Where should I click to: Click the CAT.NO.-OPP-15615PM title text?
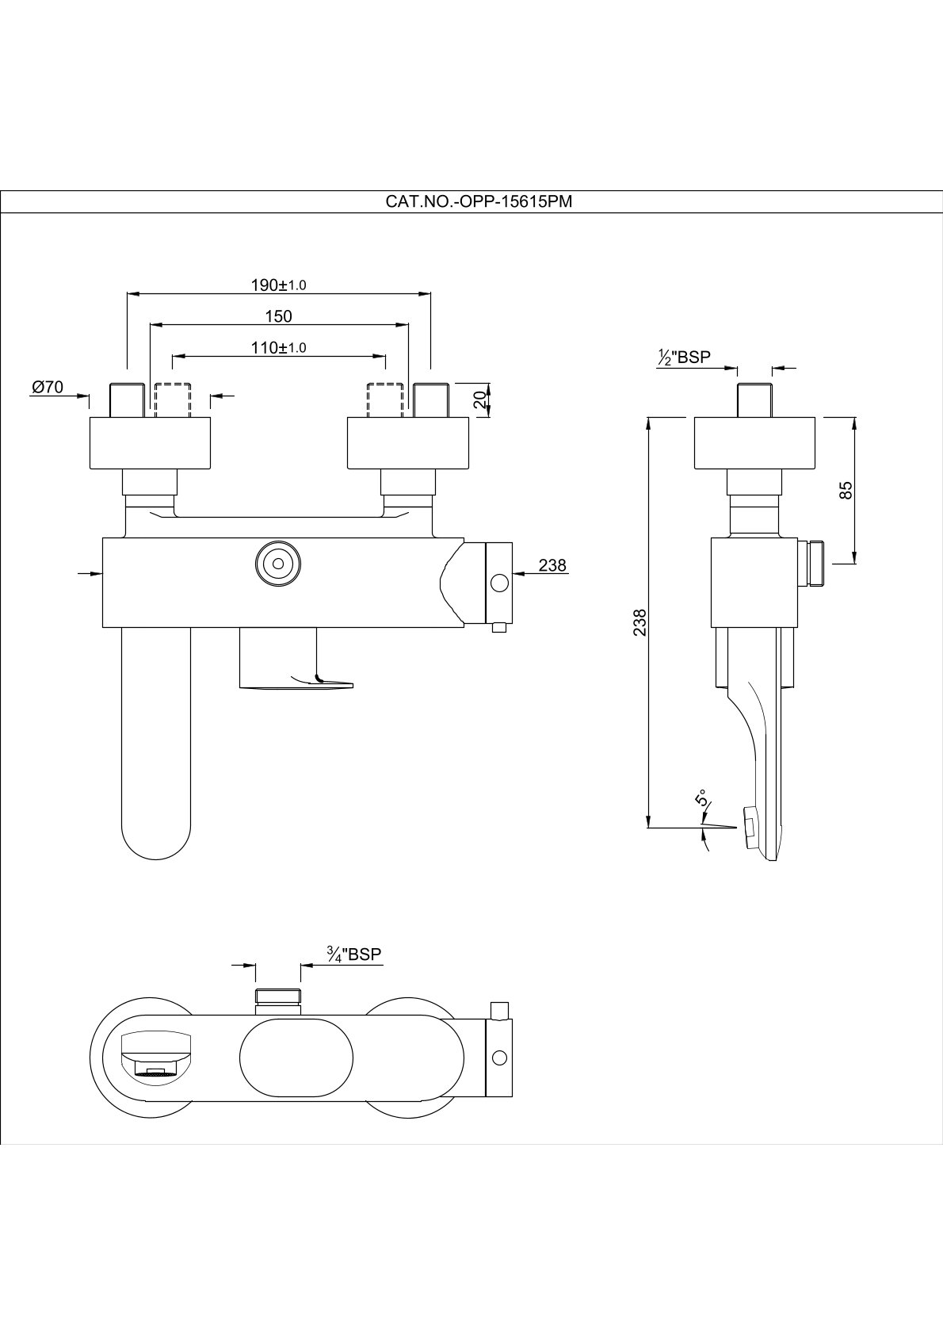[x=479, y=201]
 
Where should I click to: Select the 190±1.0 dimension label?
[x=278, y=285]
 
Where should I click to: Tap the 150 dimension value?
[x=278, y=316]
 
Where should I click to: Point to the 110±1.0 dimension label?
[x=278, y=347]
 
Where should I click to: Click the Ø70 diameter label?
[x=48, y=388]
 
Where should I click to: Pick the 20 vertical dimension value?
[x=479, y=400]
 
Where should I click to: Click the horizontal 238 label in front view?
[x=552, y=565]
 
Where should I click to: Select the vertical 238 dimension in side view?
[x=640, y=622]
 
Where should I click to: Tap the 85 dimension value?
[x=846, y=491]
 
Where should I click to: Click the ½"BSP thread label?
[x=684, y=358]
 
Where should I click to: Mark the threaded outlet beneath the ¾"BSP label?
[x=277, y=1000]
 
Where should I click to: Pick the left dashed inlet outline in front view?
[x=173, y=400]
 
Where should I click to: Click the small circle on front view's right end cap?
[x=499, y=583]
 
